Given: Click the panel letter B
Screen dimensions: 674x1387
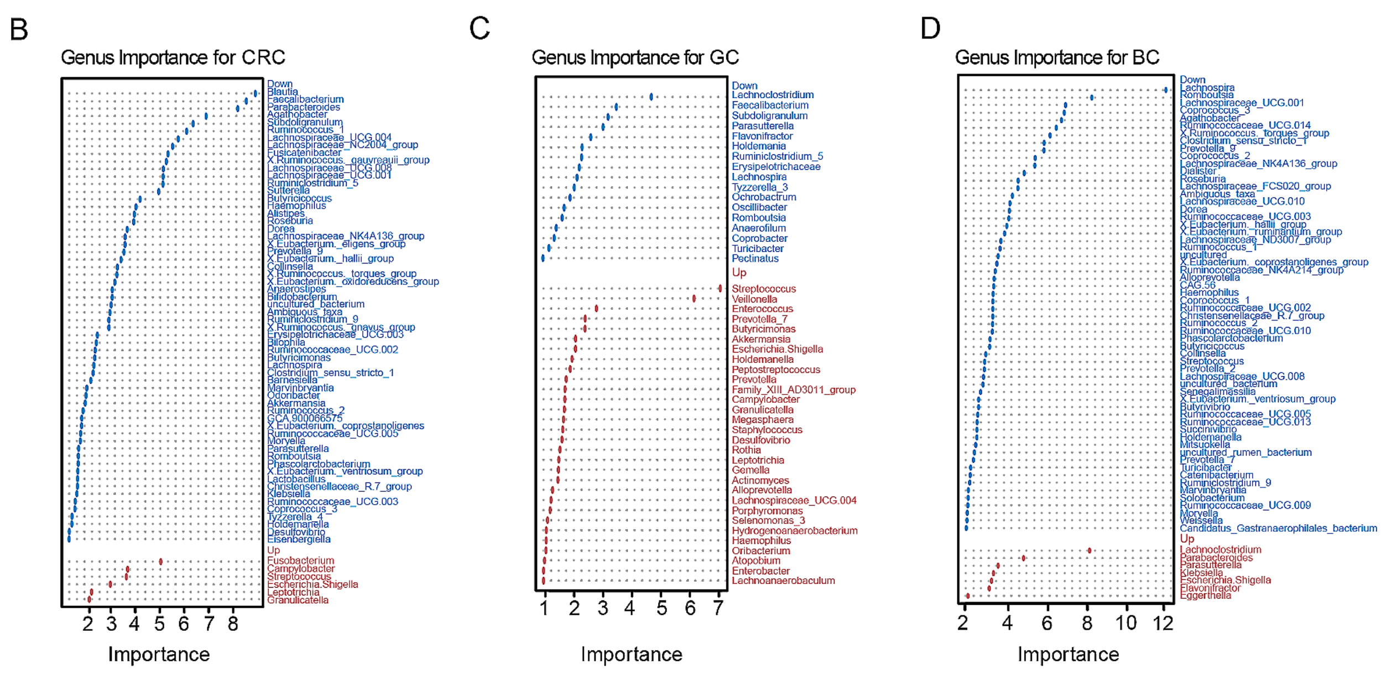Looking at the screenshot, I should (x=19, y=30).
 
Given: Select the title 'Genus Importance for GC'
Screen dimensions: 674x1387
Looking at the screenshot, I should (x=635, y=58).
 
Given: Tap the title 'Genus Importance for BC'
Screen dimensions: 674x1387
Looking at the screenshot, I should (x=1057, y=58).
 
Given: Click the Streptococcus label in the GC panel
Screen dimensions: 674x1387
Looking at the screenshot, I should (x=764, y=289).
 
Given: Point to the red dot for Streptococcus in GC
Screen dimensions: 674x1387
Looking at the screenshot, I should (x=719, y=288).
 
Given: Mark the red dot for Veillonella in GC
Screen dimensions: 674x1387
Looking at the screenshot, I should (x=694, y=299).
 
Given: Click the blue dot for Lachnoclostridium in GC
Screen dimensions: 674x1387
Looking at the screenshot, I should (x=651, y=97).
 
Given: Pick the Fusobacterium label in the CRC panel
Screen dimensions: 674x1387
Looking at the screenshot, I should (x=300, y=561).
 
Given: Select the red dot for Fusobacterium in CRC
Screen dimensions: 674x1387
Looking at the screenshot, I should (x=160, y=562).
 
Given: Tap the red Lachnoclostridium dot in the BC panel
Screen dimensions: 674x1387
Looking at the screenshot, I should (x=1089, y=551).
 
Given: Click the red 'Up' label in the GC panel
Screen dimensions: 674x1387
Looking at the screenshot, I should (x=739, y=273).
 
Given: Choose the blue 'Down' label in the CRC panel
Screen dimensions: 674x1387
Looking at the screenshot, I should (x=279, y=84).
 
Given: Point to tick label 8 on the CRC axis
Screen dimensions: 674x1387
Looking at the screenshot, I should (x=233, y=624).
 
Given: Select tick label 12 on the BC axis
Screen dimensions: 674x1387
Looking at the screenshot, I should (x=1162, y=623).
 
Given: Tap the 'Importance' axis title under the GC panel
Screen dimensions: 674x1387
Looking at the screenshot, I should (x=631, y=655).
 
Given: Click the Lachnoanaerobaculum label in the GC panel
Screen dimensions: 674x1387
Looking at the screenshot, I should (x=783, y=580).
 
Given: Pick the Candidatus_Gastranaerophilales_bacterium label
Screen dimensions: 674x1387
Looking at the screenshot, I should (x=1278, y=528).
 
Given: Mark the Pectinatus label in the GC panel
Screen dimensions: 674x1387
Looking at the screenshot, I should (x=755, y=258).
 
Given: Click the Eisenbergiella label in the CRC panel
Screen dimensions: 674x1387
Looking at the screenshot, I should (x=299, y=539).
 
